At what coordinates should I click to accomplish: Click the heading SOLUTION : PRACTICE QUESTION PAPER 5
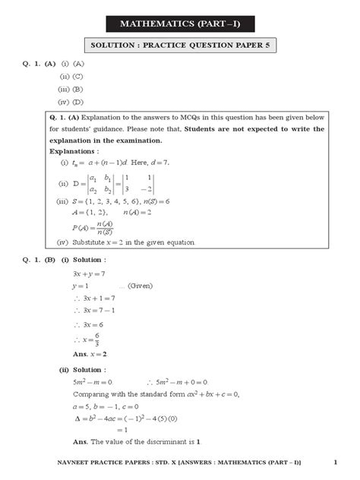point(180,46)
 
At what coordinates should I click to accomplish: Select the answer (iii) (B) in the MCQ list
point(71,88)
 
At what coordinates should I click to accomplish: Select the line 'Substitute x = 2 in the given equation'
point(134,242)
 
